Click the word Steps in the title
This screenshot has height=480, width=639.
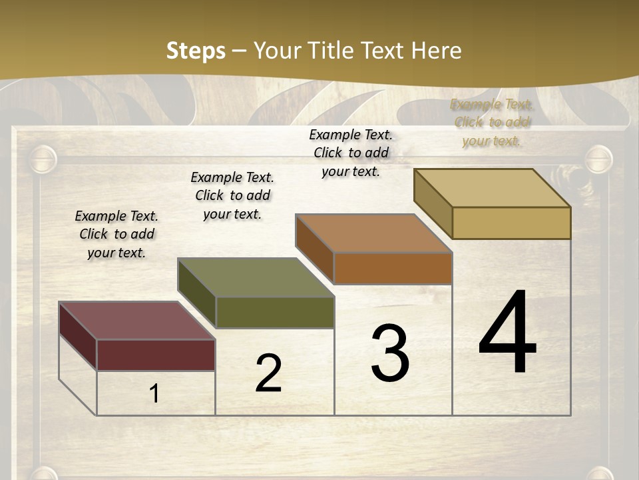tap(196, 51)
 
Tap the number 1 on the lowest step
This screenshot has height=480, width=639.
tap(154, 394)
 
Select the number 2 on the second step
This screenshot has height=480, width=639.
tap(268, 373)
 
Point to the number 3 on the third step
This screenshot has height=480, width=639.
tap(390, 353)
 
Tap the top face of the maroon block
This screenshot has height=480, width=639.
tap(136, 321)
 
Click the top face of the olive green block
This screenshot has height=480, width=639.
tap(256, 277)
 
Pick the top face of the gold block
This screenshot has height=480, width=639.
tap(493, 188)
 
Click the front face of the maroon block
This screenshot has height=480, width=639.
tap(156, 355)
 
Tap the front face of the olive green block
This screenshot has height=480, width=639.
tap(274, 312)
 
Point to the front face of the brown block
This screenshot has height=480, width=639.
tap(393, 268)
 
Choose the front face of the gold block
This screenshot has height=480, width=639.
tap(511, 223)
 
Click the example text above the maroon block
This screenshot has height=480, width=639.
tap(116, 234)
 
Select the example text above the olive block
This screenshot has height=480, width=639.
tap(232, 195)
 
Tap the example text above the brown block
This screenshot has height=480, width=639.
tap(351, 153)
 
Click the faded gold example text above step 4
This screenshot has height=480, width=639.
tap(492, 123)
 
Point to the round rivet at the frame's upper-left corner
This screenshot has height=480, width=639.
tap(43, 159)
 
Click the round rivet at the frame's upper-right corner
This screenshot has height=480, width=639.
tap(598, 159)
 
